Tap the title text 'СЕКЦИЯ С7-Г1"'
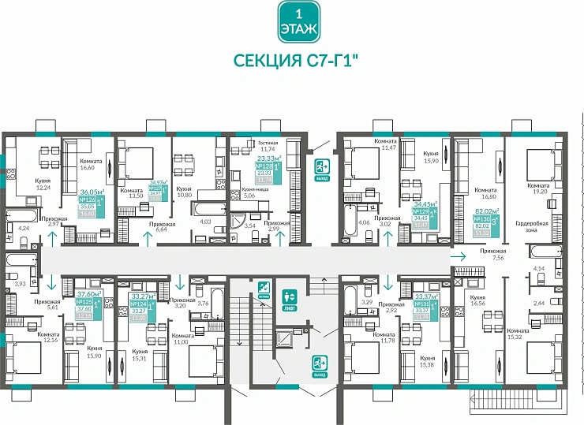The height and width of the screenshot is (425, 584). (297, 62)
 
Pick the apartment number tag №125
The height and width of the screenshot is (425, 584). (84, 301)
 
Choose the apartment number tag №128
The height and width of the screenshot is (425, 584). (265, 167)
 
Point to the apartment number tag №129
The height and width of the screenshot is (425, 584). (425, 213)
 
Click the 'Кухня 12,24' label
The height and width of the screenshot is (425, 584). (44, 185)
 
